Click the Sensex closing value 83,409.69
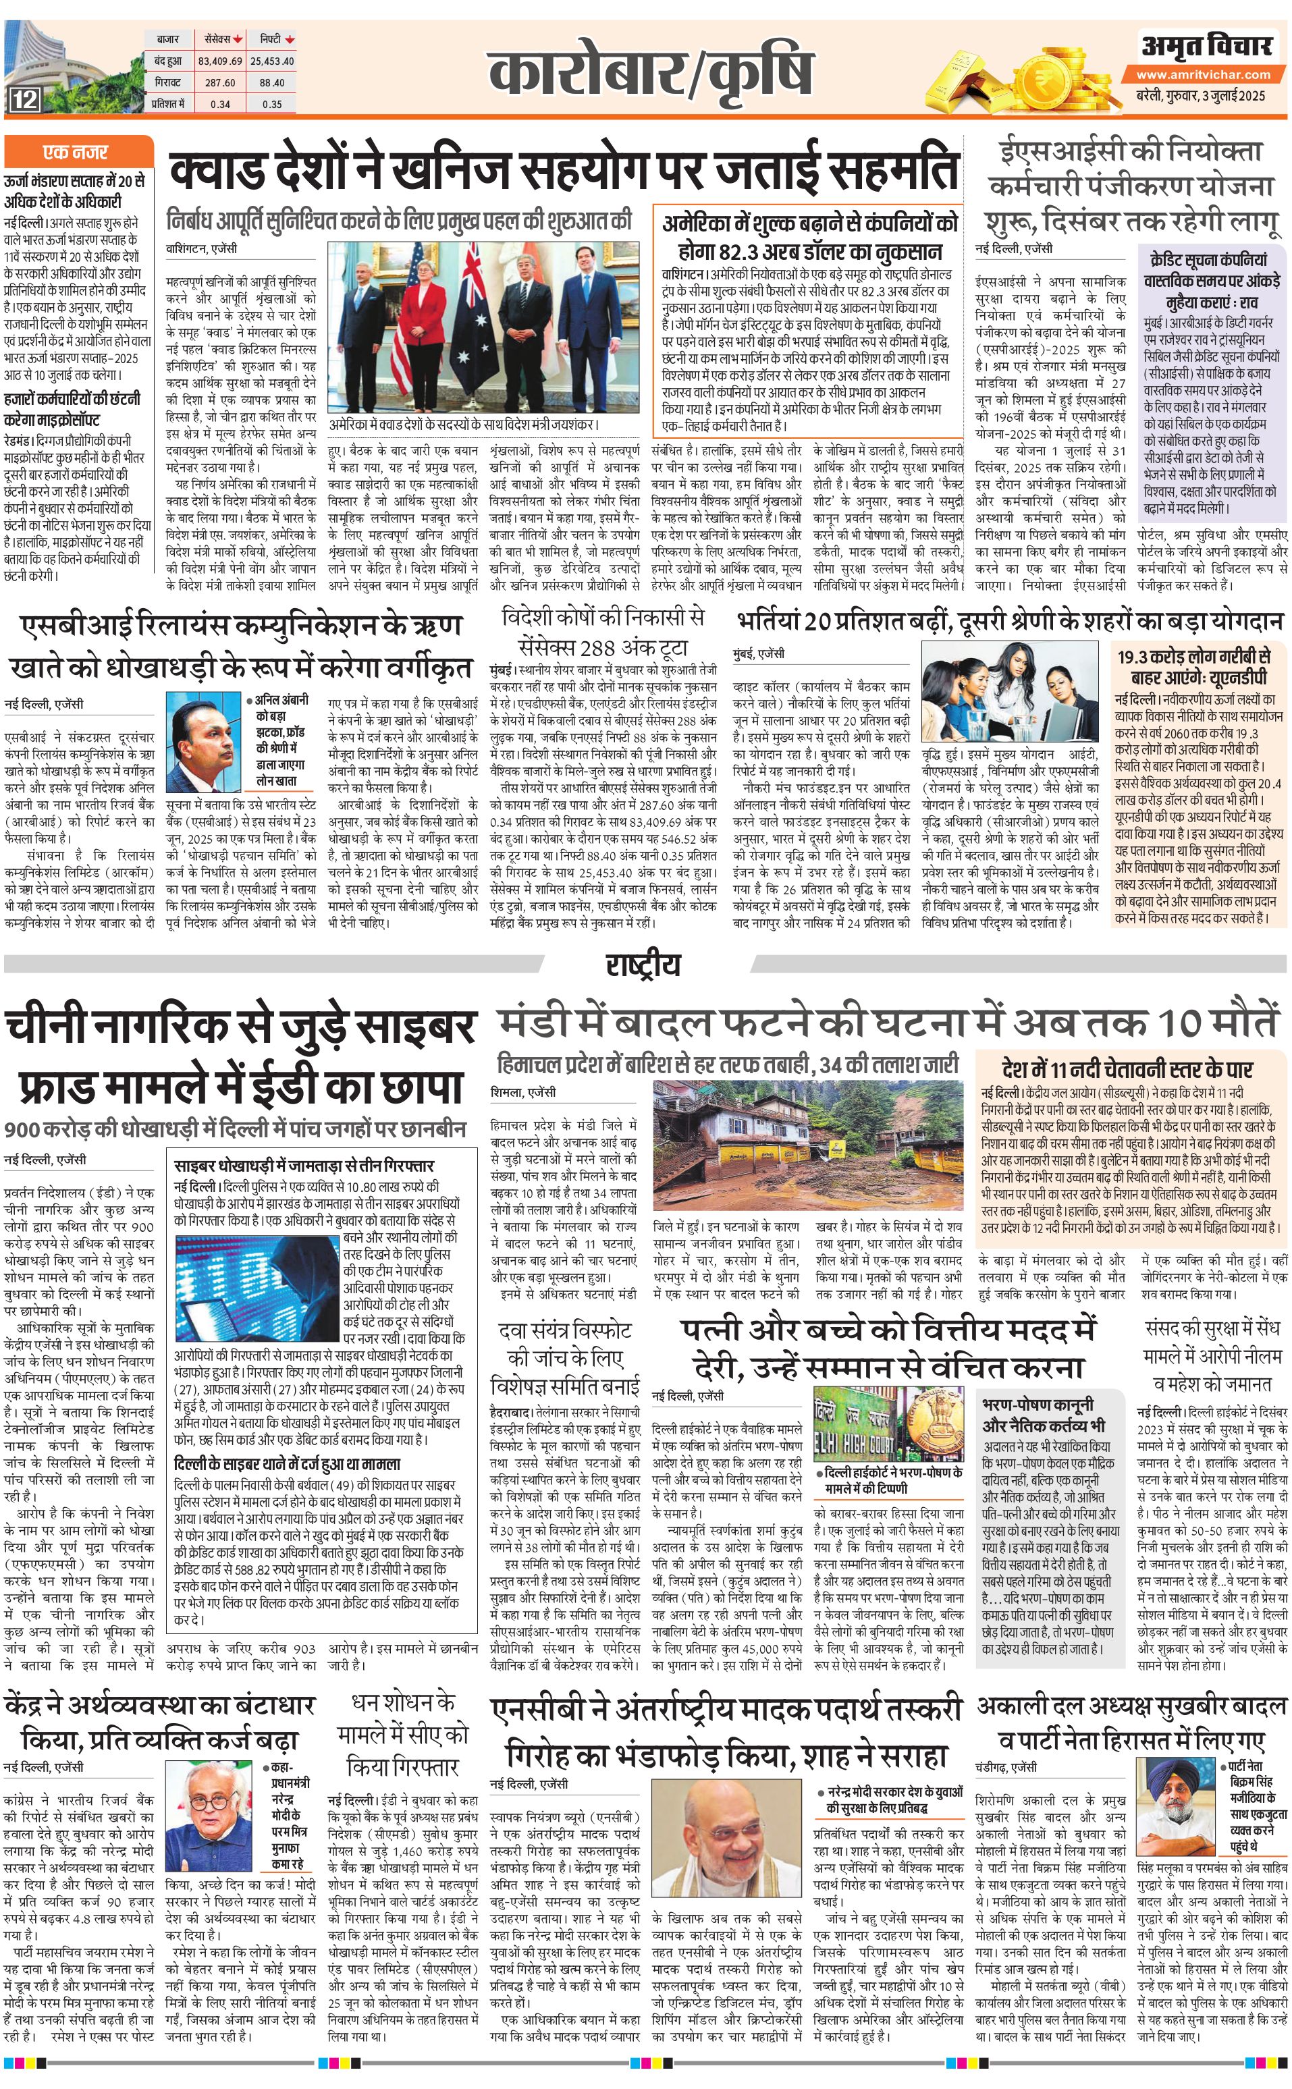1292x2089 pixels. coord(219,61)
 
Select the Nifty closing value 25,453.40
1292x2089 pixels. coord(272,61)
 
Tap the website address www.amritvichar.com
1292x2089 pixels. coord(1203,74)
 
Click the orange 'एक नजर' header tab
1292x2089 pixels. coord(78,153)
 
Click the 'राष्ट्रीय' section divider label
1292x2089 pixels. coord(643,964)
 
